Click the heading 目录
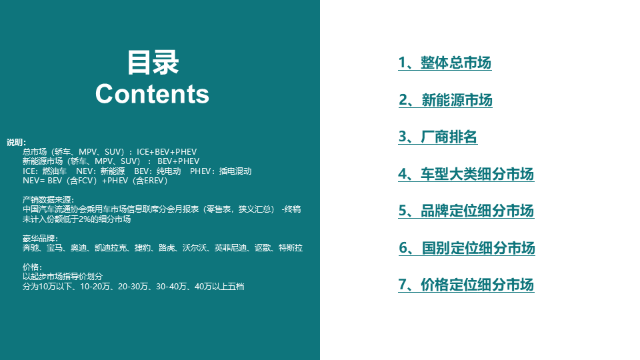(x=153, y=63)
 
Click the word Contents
(x=152, y=94)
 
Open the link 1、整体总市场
(x=445, y=63)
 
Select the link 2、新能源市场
(x=445, y=100)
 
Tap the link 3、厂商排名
(x=437, y=137)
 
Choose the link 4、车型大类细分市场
(x=466, y=174)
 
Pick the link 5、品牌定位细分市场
(x=466, y=211)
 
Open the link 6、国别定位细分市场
(x=467, y=248)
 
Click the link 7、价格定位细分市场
(x=466, y=285)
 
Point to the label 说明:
(x=16, y=143)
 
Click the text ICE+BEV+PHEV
(x=167, y=152)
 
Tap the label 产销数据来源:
(x=48, y=199)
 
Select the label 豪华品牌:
(x=41, y=239)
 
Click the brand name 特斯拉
(x=291, y=248)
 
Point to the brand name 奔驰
(x=31, y=248)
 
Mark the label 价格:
(x=32, y=267)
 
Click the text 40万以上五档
(x=219, y=287)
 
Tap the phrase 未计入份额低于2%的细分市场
(x=76, y=219)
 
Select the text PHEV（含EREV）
(x=139, y=181)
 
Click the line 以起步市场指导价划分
(x=63, y=277)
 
